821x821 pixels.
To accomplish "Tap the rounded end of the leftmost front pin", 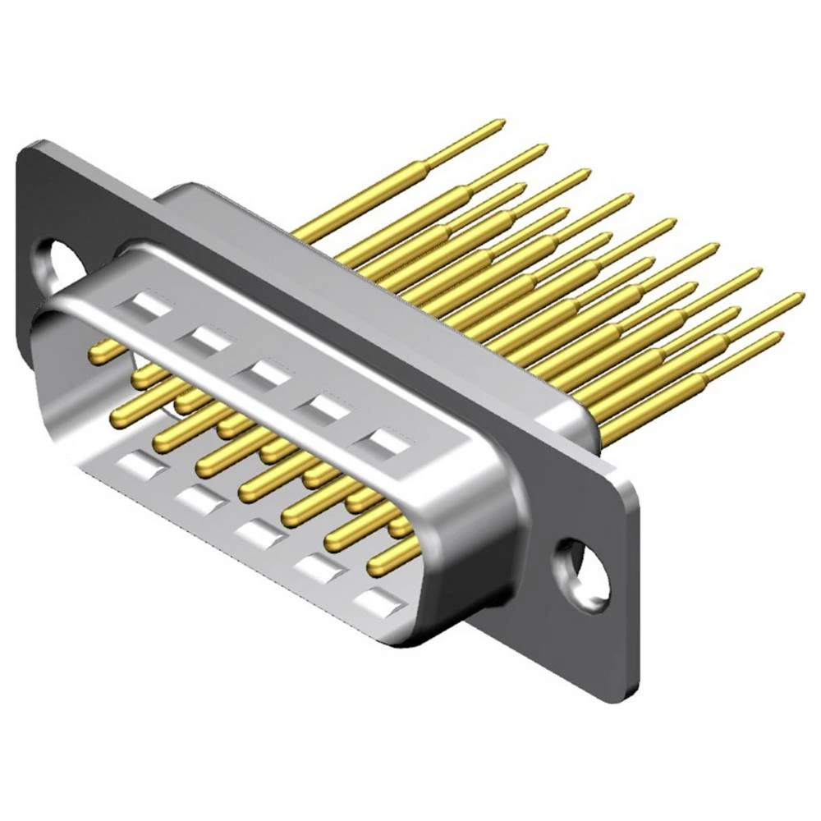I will click(x=96, y=353).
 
